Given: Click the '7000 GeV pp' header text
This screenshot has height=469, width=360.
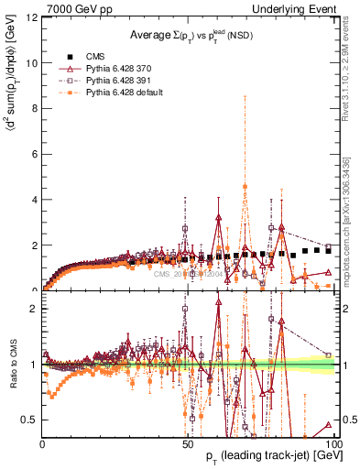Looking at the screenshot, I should click(72, 8).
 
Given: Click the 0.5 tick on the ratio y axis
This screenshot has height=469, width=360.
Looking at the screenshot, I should click(28, 420).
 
